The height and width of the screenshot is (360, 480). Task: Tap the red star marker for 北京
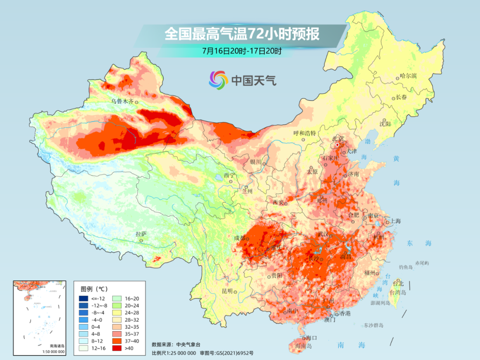[x=337, y=145]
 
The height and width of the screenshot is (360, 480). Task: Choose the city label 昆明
[x=227, y=291]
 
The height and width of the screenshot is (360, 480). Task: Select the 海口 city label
[x=311, y=338]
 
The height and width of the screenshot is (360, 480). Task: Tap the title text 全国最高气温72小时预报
[x=242, y=34]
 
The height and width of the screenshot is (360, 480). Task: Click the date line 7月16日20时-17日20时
[x=242, y=51]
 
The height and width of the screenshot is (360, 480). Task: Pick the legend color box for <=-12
[x=83, y=298]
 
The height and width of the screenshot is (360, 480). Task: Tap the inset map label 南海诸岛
[x=57, y=346]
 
